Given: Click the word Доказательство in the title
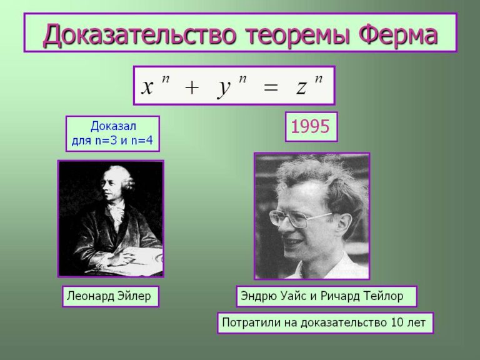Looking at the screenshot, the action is (x=140, y=34).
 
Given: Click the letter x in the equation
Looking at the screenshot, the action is (x=147, y=87).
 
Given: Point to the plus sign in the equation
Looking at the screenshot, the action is (x=192, y=88).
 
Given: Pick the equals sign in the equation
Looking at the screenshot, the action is (x=270, y=88).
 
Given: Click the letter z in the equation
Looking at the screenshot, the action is (x=301, y=87).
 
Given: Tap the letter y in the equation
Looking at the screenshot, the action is (x=224, y=89).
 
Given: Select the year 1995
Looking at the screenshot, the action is (x=310, y=126).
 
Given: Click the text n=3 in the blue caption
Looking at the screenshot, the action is (x=107, y=141).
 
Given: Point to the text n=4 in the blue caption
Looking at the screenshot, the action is (x=142, y=141).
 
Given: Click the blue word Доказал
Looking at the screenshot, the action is (x=113, y=126).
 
